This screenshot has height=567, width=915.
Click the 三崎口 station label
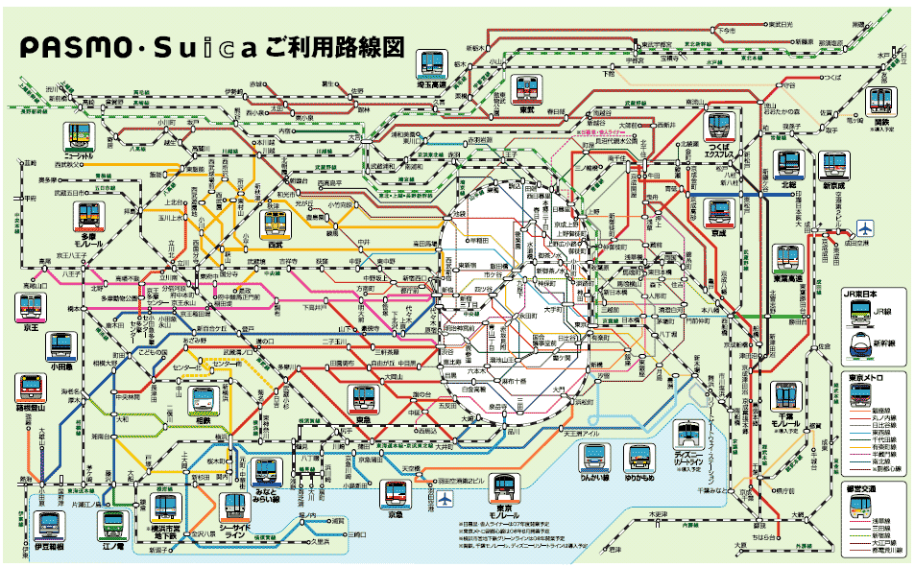coord(356,533)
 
